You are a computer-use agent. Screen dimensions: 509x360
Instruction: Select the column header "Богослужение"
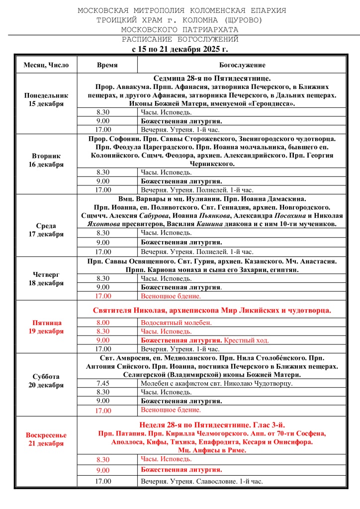[x=242, y=65]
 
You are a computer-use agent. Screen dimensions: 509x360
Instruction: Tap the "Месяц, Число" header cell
[x=46, y=65]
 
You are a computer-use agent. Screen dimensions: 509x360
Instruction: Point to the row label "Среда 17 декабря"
[x=46, y=230]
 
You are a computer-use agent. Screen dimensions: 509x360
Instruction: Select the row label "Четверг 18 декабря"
[x=46, y=278]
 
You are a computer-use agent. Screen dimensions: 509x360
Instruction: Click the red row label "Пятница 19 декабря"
[x=46, y=327]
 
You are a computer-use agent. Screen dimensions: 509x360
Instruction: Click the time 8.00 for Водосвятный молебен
[x=103, y=323]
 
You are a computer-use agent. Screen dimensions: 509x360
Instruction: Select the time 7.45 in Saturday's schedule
[x=103, y=383]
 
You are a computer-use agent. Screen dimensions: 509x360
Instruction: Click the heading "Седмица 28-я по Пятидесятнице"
[x=212, y=78]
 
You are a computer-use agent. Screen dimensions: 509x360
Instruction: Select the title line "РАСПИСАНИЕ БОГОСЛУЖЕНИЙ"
[x=180, y=39]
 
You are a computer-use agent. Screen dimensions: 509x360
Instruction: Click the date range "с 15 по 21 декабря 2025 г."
[x=180, y=49]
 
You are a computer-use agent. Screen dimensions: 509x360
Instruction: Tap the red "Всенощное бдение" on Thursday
[x=171, y=296]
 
